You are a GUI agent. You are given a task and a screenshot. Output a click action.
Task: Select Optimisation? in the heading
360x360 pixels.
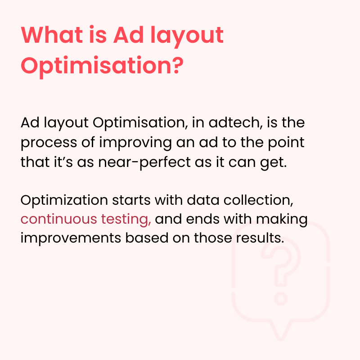(102, 66)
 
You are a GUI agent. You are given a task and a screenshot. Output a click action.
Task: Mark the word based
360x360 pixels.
(151, 238)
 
